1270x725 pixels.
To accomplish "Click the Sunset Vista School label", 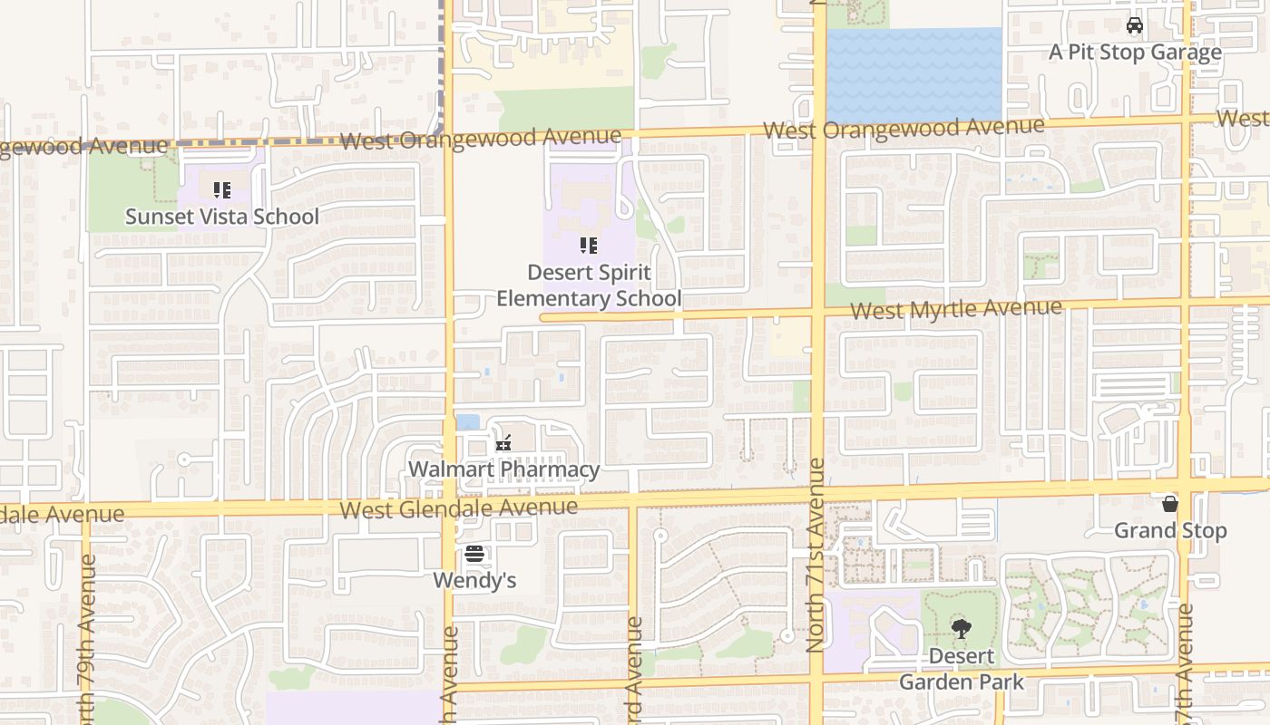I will point(222,217).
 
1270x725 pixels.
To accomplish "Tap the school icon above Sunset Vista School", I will point(222,190).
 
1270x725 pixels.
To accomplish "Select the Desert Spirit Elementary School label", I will point(589,285).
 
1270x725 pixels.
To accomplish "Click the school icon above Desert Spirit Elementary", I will point(589,246).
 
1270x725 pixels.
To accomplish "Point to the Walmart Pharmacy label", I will point(503,469).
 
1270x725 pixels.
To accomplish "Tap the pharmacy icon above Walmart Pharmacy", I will point(503,444).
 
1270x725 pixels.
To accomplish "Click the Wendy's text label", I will point(474,580).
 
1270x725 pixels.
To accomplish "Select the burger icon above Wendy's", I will point(474,554).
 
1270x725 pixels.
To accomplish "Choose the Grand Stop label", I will point(1170,530).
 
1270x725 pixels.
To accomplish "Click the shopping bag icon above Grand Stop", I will point(1170,504).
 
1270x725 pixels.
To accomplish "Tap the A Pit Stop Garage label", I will point(1135,52).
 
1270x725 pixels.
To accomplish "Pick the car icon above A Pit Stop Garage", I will point(1135,25).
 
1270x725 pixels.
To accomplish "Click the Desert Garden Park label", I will point(961,669).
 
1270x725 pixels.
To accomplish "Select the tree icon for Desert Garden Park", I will point(961,628).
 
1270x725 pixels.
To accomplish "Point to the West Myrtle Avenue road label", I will point(956,309).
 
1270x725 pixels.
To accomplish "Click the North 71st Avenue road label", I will point(816,555).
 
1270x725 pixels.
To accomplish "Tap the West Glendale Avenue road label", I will point(458,507).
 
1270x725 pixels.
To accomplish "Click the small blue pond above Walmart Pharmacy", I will point(468,422).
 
